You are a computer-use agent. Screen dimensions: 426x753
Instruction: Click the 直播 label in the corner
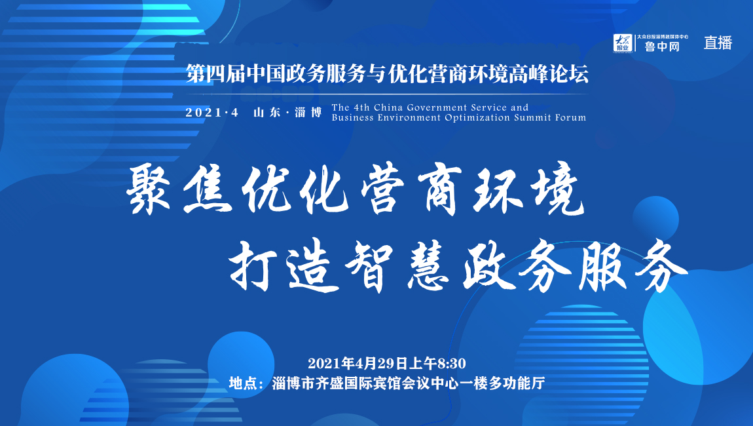coord(718,43)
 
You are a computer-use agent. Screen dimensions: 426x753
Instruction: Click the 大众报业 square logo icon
coord(622,43)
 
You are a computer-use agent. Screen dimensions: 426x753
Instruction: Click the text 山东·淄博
coord(288,112)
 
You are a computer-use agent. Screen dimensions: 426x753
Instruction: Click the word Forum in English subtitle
coord(570,117)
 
